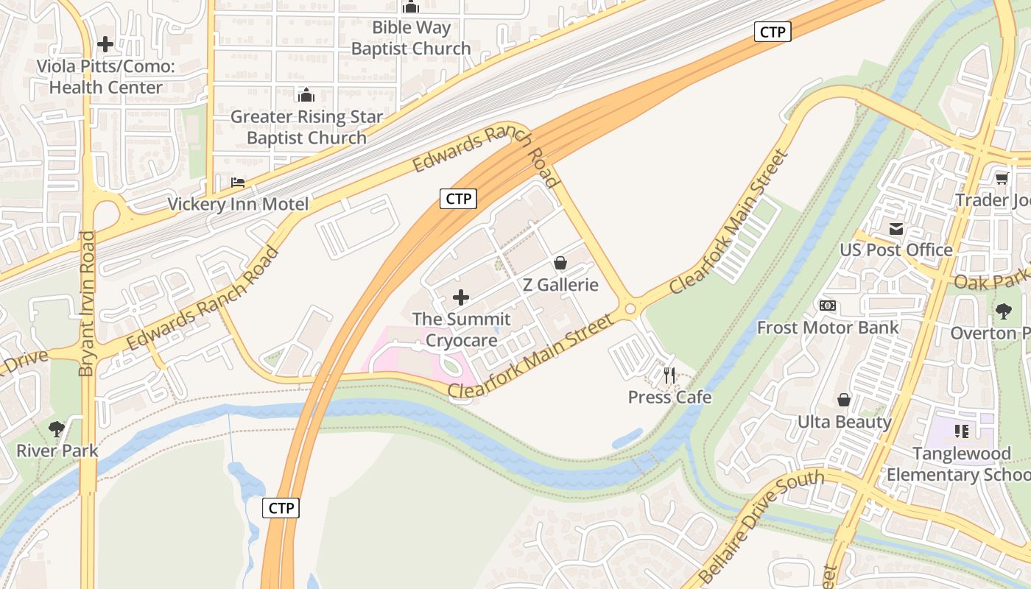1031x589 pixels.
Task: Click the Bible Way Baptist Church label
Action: click(x=410, y=38)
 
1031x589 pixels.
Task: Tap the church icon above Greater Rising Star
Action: click(x=306, y=95)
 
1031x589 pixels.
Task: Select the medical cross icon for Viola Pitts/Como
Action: click(x=105, y=44)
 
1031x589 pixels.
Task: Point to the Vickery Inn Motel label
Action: click(x=238, y=204)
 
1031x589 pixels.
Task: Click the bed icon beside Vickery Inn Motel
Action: click(x=237, y=182)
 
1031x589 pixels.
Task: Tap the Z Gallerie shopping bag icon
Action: click(x=560, y=263)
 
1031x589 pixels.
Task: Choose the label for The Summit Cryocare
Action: click(x=461, y=330)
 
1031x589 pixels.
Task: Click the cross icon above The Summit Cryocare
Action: click(x=461, y=297)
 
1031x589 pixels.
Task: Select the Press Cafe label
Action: click(x=669, y=398)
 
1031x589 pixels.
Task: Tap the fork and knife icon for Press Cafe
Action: click(x=669, y=375)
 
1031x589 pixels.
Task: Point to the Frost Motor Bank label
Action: click(x=828, y=328)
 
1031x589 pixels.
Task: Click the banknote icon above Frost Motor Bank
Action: click(x=828, y=306)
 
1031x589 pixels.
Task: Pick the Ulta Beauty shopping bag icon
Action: click(x=844, y=400)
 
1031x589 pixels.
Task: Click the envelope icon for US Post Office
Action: click(x=896, y=229)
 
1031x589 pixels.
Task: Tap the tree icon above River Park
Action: click(x=57, y=428)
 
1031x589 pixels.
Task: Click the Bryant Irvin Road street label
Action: click(x=87, y=303)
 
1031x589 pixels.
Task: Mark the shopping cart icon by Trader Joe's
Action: click(x=1002, y=178)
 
